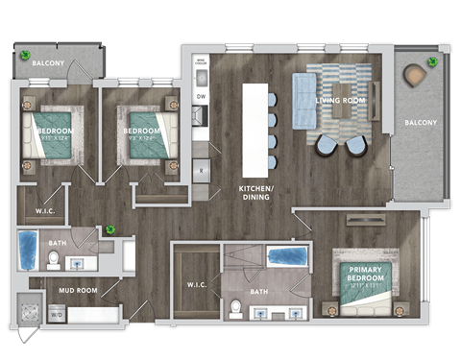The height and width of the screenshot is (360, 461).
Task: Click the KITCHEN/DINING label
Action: [255, 195]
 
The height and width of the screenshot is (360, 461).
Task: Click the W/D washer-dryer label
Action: [56, 314]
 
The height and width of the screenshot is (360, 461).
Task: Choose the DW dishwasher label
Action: [201, 96]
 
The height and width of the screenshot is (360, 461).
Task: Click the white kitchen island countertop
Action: [255, 130]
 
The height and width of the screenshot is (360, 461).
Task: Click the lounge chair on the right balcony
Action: [416, 75]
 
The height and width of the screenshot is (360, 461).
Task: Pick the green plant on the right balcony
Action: [432, 61]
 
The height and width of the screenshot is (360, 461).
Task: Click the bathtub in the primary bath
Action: [287, 257]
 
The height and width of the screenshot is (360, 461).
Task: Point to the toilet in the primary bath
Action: [235, 308]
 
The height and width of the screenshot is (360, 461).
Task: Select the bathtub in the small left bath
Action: [28, 249]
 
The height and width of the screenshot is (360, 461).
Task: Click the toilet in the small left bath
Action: [55, 259]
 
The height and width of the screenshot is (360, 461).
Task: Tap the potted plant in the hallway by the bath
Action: [111, 229]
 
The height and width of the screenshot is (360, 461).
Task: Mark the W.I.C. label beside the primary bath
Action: [196, 285]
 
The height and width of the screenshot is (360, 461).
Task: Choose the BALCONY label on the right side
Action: [420, 122]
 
